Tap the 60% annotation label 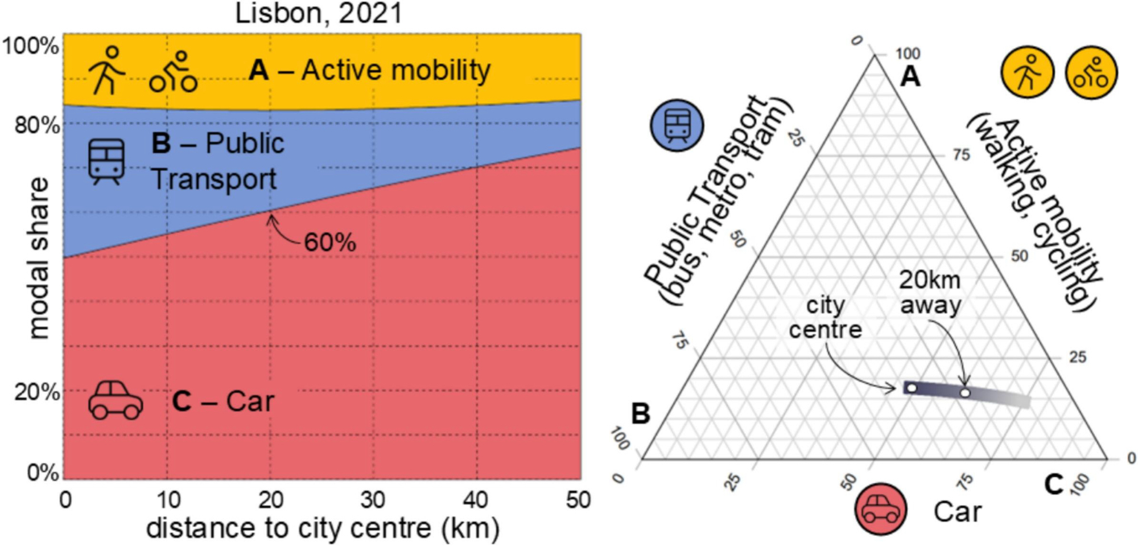pyautogui.click(x=330, y=243)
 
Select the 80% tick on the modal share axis pyautogui.click(x=37, y=125)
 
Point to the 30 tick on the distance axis pyautogui.click(x=373, y=500)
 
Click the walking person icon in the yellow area pyautogui.click(x=106, y=70)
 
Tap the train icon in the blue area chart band pyautogui.click(x=106, y=161)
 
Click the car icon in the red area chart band pyautogui.click(x=116, y=400)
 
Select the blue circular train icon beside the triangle pyautogui.click(x=677, y=125)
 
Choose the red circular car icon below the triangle pyautogui.click(x=880, y=510)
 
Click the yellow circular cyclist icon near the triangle pyautogui.click(x=1091, y=73)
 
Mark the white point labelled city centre pyautogui.click(x=912, y=388)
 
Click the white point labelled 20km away pyautogui.click(x=965, y=393)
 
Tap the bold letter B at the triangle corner pyautogui.click(x=641, y=414)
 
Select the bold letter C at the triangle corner pyautogui.click(x=1054, y=485)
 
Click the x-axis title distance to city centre pyautogui.click(x=323, y=528)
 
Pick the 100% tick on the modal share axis pyautogui.click(x=31, y=46)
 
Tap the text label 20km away pyautogui.click(x=930, y=292)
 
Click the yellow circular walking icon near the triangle pyautogui.click(x=1028, y=73)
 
